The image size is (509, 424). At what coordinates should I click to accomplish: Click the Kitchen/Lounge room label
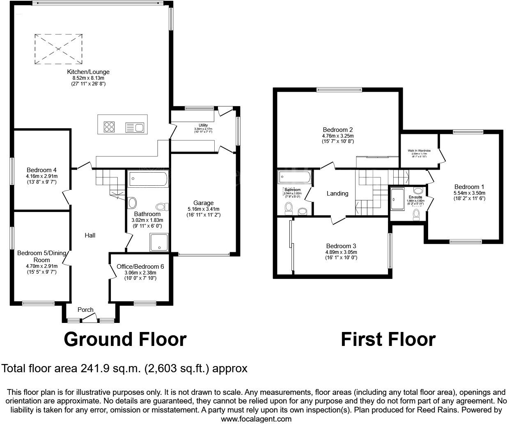coord(88,72)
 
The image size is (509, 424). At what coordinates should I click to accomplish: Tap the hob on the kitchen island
coord(109,127)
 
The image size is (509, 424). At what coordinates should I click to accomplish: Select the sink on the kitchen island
coord(134,127)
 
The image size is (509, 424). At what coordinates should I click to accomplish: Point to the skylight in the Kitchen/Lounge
coord(58,49)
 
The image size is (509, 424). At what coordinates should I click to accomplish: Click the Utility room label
coord(203,125)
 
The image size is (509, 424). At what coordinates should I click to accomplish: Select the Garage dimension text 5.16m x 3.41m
coord(204,209)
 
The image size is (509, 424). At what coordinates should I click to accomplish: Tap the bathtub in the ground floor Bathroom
coord(148,180)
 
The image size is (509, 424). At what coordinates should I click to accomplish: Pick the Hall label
coord(90,235)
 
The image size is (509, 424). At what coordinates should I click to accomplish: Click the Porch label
coord(85,310)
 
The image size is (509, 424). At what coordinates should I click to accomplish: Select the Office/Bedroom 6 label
coord(140,267)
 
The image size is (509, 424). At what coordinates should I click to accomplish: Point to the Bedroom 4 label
coord(41,170)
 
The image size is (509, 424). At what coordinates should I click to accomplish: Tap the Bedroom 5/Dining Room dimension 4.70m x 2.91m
coord(41,266)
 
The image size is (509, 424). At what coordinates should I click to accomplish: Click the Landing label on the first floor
coord(337,194)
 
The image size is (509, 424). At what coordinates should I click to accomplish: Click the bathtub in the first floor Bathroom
coord(294,177)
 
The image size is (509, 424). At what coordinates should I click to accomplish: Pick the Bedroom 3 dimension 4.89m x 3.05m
coord(341,252)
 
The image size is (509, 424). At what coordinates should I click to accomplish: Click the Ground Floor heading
coord(125,339)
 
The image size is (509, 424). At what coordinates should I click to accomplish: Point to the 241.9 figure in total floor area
coord(97,369)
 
